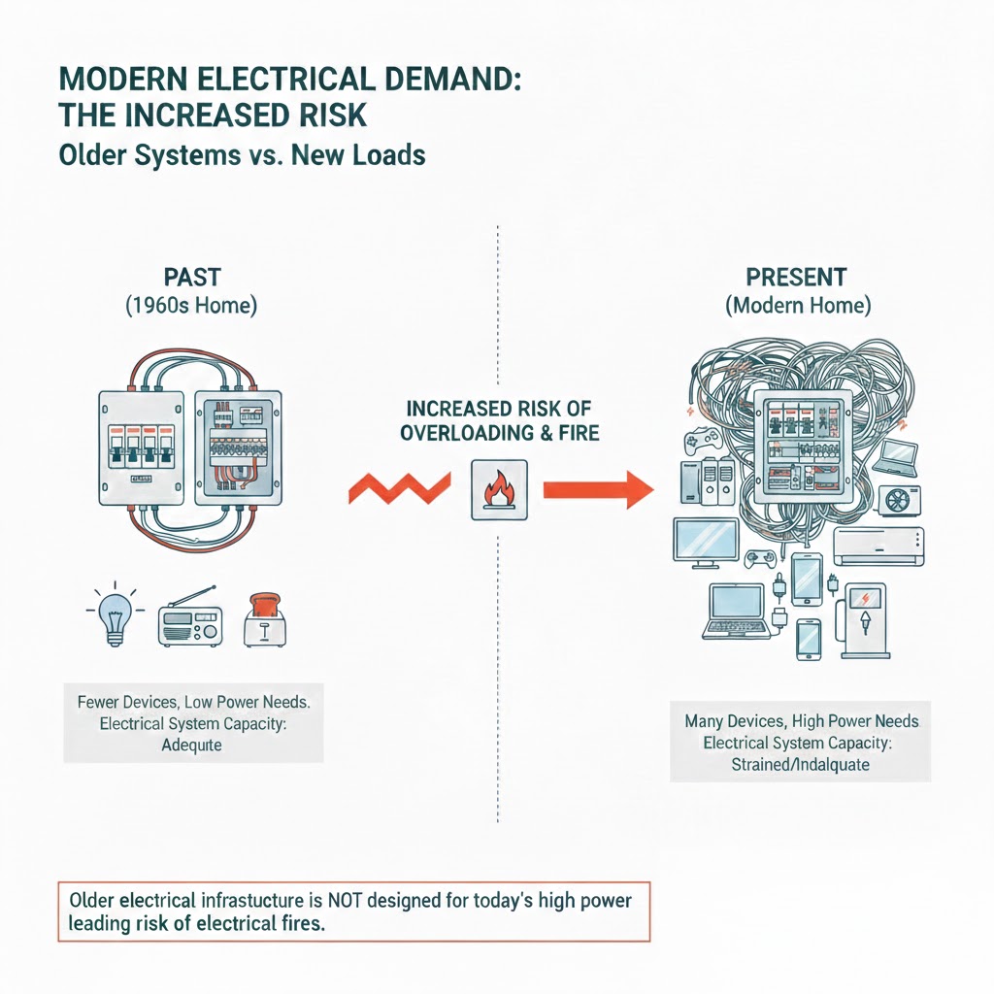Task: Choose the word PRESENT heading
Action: click(797, 277)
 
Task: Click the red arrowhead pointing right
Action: click(637, 488)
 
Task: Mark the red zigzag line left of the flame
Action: click(398, 488)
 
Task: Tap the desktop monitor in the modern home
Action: click(706, 544)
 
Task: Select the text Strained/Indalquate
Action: click(800, 765)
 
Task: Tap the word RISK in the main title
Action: click(322, 115)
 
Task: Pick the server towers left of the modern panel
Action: click(705, 486)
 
